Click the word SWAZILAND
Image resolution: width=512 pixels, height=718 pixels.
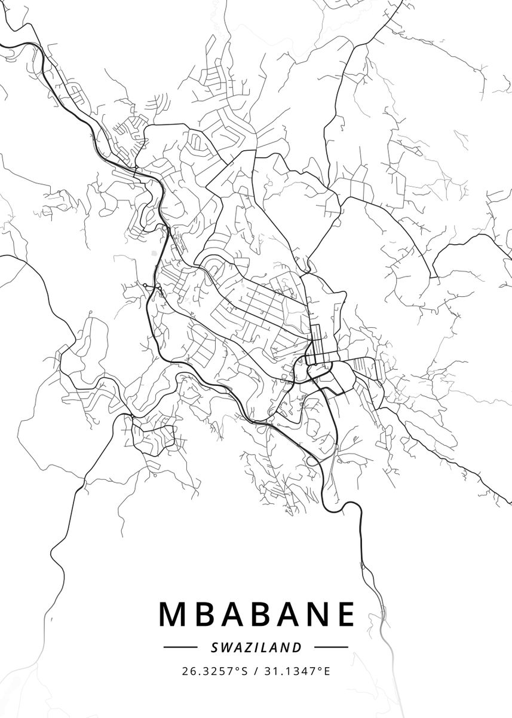tap(256, 647)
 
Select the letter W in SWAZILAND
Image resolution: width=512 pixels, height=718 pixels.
tap(225, 647)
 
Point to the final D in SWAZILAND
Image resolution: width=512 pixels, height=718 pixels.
tap(298, 647)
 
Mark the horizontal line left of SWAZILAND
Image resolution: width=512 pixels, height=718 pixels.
tap(180, 647)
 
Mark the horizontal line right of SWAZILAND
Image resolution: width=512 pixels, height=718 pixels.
tap(331, 647)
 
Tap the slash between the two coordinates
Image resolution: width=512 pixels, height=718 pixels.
tap(256, 671)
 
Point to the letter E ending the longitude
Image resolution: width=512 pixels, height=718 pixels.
tap(327, 671)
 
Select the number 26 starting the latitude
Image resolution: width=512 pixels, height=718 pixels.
tap(188, 671)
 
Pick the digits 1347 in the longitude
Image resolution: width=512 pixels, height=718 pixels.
tap(303, 671)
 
